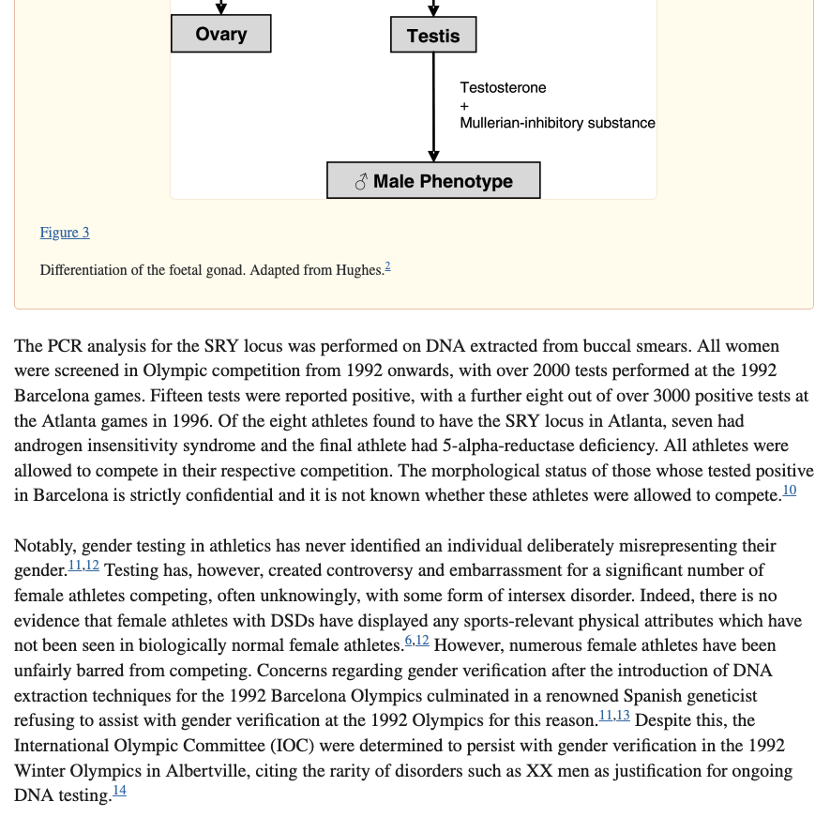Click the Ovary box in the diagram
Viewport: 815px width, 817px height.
click(x=220, y=35)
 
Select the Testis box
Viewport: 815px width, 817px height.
click(x=432, y=37)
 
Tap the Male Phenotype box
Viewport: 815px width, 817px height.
click(x=433, y=181)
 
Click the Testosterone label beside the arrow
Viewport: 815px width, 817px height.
click(x=503, y=87)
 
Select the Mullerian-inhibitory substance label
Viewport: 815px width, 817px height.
click(x=557, y=123)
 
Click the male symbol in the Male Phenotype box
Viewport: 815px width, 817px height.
click(x=361, y=182)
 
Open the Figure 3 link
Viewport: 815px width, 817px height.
click(x=65, y=233)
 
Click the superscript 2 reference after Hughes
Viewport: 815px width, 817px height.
click(x=387, y=267)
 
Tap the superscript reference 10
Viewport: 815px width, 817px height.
click(x=789, y=490)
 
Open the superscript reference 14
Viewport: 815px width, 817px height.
click(x=119, y=791)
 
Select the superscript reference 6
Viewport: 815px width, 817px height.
click(x=409, y=640)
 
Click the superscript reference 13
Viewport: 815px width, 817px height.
click(x=623, y=715)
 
